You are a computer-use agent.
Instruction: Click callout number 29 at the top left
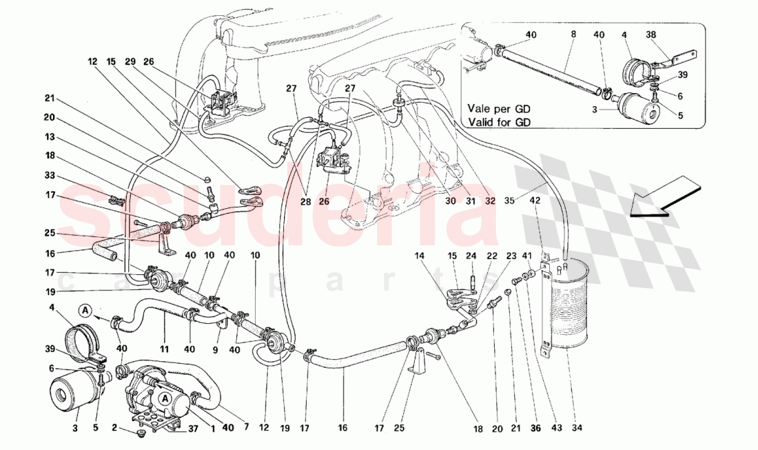click(x=130, y=61)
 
